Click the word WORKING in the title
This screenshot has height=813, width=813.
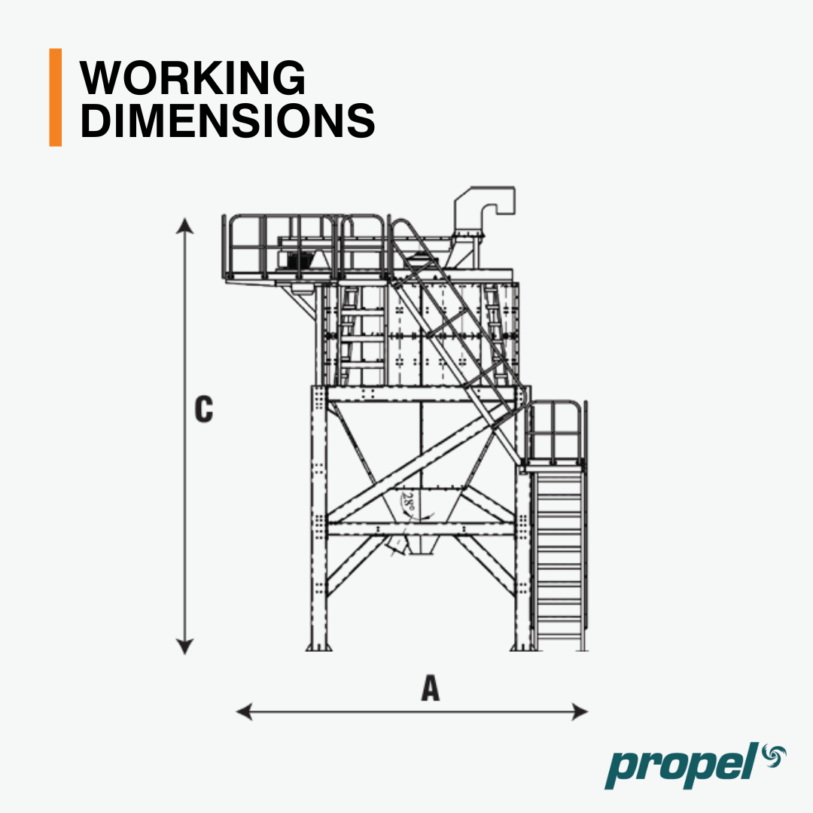point(193,78)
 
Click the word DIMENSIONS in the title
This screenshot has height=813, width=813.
point(227,120)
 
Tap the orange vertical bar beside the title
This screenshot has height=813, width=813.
point(56,97)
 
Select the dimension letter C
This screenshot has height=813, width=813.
point(204,410)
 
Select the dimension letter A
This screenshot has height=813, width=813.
point(431,688)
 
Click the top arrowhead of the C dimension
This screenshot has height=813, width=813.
point(184,226)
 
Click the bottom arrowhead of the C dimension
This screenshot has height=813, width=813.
point(184,646)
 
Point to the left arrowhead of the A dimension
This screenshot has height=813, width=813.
point(244,711)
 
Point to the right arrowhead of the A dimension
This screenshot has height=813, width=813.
point(580,711)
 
